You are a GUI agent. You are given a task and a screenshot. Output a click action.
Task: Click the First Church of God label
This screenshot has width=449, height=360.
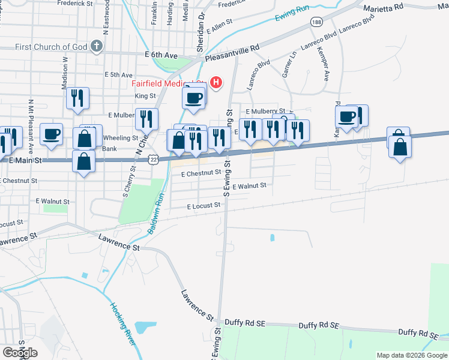51,47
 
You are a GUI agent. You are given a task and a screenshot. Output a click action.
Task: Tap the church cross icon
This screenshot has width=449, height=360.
96,46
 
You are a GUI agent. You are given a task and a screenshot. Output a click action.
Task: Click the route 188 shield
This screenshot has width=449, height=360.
316,22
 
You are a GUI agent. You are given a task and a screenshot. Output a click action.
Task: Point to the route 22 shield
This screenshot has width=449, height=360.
154,160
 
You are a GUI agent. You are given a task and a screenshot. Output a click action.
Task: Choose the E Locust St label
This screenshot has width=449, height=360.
203,206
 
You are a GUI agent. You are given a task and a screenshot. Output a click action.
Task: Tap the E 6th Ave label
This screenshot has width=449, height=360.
161,55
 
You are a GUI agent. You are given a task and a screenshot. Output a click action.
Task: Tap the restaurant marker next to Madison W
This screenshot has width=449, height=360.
77,98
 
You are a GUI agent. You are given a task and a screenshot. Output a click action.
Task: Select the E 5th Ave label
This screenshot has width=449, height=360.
118,75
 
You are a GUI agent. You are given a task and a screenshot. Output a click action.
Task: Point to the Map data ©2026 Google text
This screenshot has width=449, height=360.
411,355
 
